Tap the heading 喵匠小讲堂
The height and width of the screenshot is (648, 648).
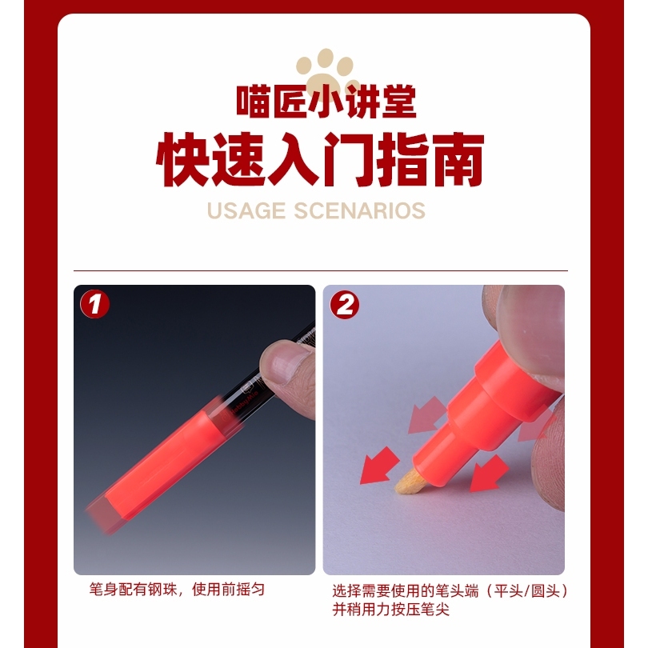pos(326,102)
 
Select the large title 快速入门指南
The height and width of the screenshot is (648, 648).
pos(320,159)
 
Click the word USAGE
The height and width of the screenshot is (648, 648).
pos(246,210)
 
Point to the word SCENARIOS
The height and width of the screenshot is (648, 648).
pos(359,210)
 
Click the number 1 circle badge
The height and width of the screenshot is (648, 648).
pos(94,305)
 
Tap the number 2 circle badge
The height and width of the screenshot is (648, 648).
pos(344,306)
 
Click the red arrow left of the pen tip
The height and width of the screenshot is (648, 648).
pos(378,466)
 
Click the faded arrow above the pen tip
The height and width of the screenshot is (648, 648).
pos(426,415)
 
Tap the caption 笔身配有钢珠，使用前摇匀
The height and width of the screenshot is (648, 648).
pos(177,589)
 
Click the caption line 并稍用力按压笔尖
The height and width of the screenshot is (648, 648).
pos(390,609)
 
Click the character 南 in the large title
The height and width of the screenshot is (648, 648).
pos(457,159)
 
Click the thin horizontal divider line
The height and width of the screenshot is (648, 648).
pos(321,271)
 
